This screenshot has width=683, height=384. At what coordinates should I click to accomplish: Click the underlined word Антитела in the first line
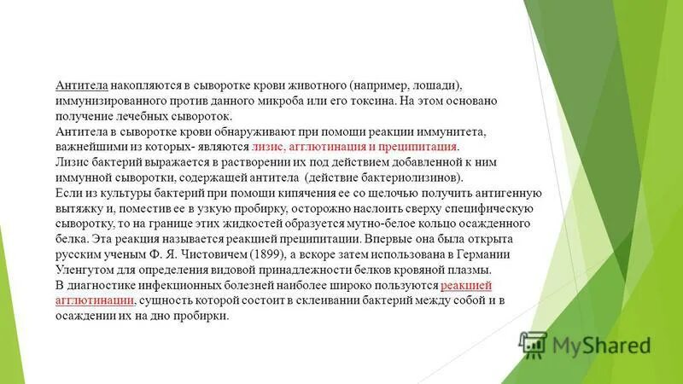point(80,85)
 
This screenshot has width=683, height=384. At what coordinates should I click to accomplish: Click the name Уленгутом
point(84,270)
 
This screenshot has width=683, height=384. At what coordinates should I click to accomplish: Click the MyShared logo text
point(601,345)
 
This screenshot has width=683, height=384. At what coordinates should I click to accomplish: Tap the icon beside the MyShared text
point(533,344)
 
